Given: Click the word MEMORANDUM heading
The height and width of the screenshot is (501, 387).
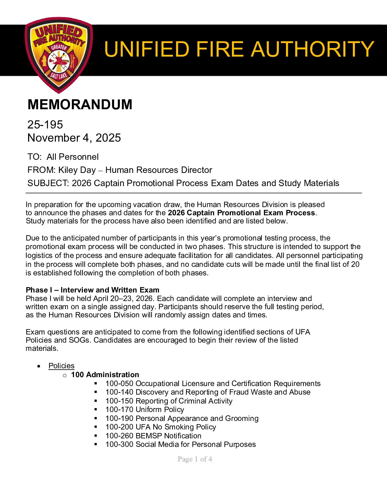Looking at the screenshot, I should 80,105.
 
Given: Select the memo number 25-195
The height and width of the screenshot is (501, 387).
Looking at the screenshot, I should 45,125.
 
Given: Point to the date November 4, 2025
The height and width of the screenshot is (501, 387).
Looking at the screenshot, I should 74,138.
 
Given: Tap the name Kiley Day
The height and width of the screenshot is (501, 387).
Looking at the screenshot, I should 77,170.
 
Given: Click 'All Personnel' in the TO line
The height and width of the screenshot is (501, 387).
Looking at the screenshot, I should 73,157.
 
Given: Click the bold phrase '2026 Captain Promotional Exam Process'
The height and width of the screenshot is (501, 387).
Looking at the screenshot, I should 242,213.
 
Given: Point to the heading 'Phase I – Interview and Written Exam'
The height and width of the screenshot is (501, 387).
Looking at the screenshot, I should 92,290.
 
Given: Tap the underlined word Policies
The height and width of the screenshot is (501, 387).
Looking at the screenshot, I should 62,366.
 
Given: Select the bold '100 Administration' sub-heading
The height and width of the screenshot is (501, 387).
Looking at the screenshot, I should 105,375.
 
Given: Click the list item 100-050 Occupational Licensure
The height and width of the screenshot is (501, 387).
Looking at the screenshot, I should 213,384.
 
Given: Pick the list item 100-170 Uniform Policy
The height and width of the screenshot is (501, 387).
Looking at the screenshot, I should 144,410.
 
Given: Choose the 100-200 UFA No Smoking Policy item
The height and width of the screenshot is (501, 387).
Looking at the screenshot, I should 160,427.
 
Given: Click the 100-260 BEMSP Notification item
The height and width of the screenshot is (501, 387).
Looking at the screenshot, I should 153,436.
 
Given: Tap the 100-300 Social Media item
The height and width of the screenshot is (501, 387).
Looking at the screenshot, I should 180,444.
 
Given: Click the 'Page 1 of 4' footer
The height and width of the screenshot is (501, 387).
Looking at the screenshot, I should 195,459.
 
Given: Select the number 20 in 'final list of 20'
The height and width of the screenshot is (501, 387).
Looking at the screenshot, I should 355,264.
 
